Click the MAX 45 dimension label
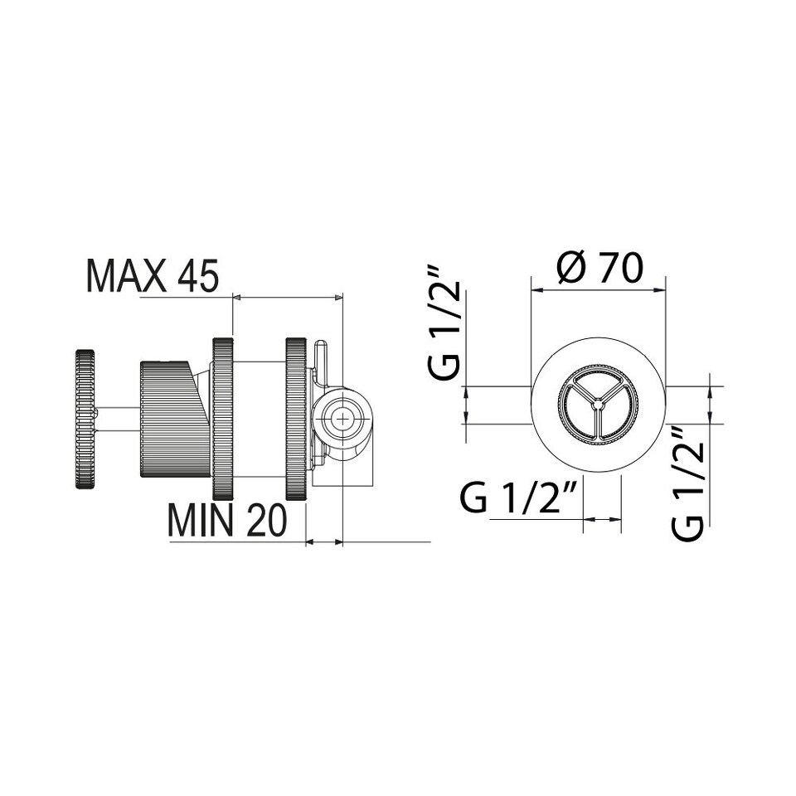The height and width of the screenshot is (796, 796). pos(153,276)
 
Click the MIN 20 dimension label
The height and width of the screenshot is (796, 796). pos(227,521)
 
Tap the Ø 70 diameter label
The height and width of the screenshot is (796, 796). pos(599,268)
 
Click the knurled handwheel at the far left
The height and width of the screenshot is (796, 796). pos(85,419)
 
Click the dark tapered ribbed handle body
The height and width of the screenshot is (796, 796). pos(174,419)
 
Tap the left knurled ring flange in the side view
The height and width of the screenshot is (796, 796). pos(222,419)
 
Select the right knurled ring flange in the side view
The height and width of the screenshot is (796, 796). pos(296,419)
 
